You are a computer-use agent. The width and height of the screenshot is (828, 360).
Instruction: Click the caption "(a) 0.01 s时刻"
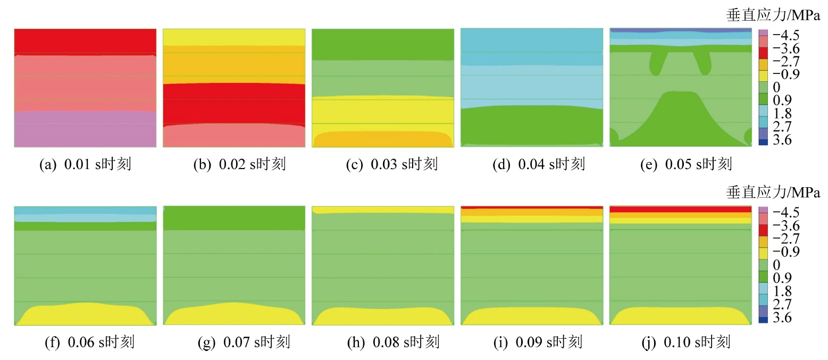coord(85,164)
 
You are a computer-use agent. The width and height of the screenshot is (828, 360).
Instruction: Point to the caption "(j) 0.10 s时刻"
coord(686,342)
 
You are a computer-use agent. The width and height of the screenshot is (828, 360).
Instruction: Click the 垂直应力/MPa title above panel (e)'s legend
coord(773,15)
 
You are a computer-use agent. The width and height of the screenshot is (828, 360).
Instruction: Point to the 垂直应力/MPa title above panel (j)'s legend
coord(773,192)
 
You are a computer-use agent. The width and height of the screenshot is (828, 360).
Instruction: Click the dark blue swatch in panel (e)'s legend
coord(762,140)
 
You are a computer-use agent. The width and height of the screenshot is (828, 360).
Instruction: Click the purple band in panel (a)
coord(85,129)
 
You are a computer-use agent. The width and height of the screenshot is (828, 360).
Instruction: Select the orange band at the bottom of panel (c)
coord(382,140)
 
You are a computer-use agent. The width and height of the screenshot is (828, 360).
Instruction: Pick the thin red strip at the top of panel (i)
coord(531,207)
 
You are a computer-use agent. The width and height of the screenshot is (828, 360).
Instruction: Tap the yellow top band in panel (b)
coord(233,37)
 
